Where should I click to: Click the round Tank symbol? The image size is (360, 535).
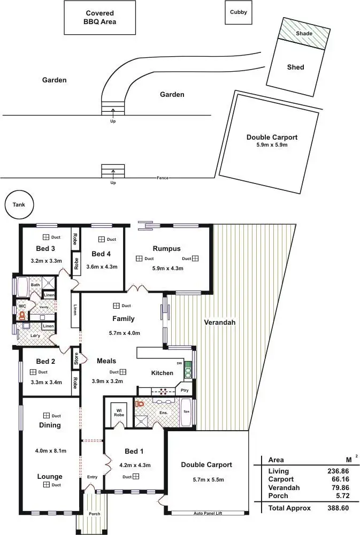pos(19,204)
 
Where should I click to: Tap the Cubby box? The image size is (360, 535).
pos(239,12)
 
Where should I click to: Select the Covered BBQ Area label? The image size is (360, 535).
pos(99,18)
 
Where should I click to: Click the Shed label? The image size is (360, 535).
pos(296,67)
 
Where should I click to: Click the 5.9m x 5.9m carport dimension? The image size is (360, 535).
pos(272,145)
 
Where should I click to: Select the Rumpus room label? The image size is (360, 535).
pos(166,249)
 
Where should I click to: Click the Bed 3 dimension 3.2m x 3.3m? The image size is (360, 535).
pos(47,261)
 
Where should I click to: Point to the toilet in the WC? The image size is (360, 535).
pos(21,316)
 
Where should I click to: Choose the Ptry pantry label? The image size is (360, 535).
pos(184,391)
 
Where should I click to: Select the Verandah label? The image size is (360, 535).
pos(219,323)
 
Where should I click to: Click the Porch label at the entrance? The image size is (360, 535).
pos(94,514)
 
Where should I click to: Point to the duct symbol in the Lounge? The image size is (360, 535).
pos(47,485)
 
